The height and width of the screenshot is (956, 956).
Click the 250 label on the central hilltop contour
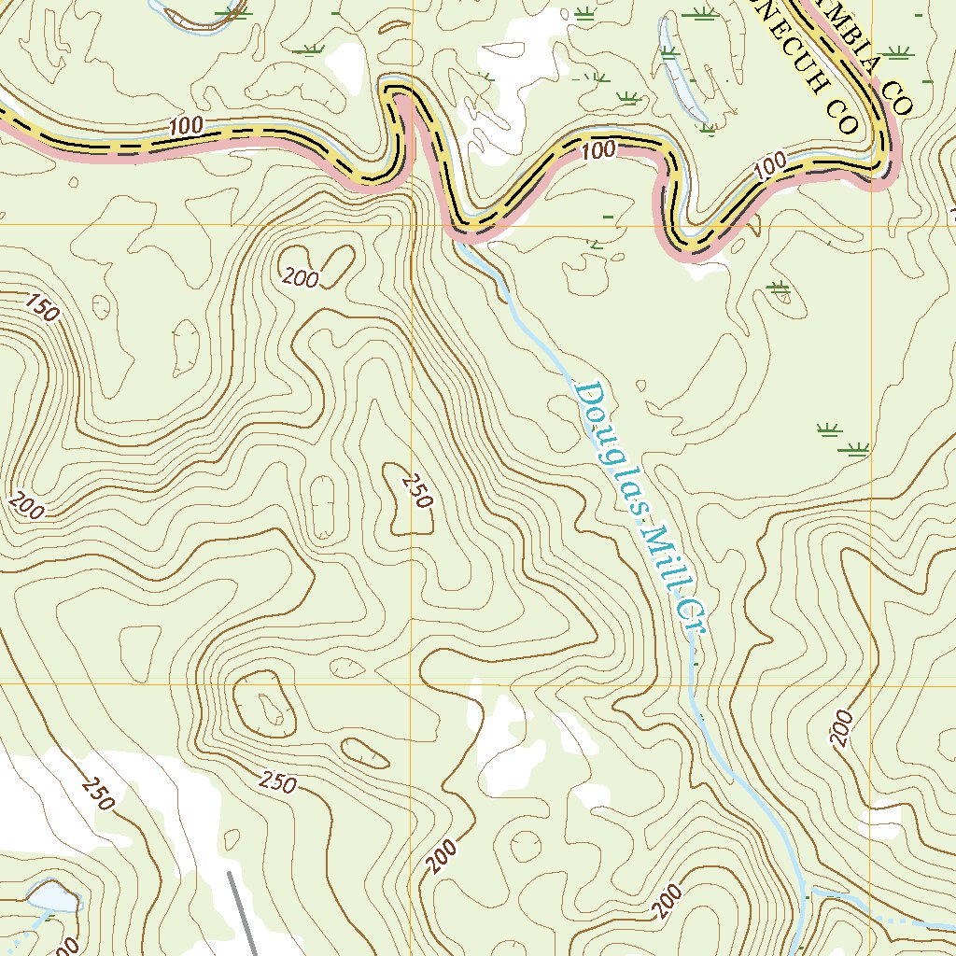(416, 491)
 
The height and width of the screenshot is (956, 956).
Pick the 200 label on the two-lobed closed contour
(302, 276)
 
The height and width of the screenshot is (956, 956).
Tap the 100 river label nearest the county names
(770, 166)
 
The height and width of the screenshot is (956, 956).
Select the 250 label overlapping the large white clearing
(97, 794)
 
